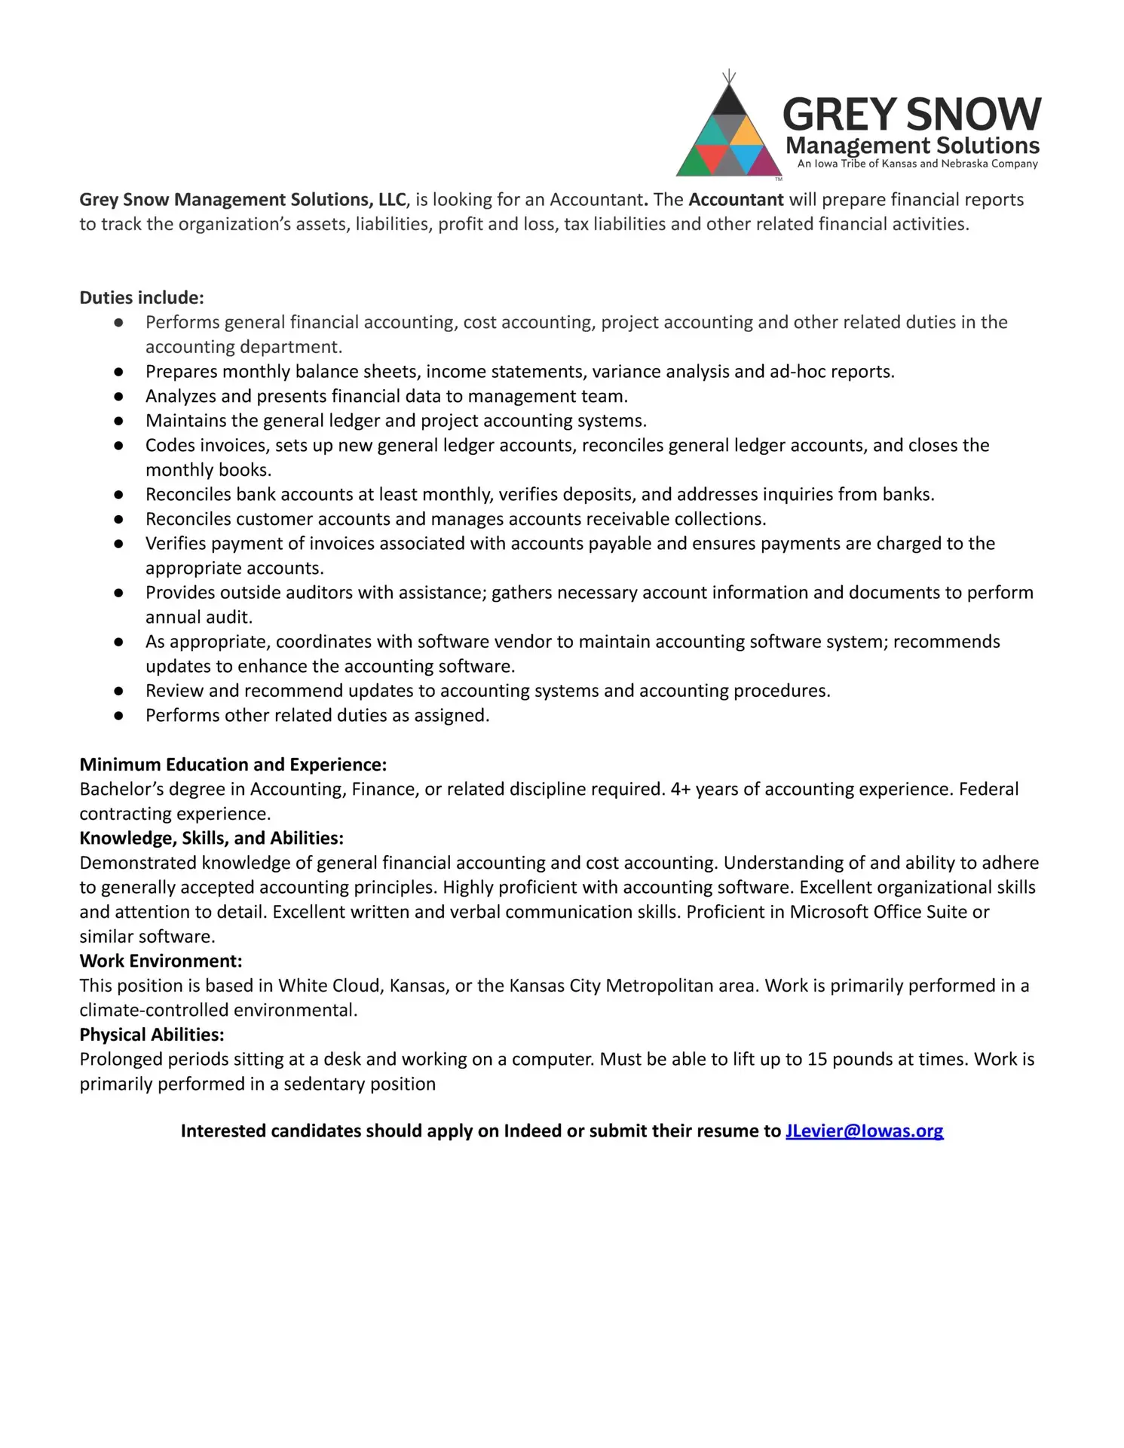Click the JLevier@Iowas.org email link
pyautogui.click(x=864, y=1130)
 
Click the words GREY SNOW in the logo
pyautogui.click(x=911, y=114)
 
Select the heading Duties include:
pyautogui.click(x=142, y=298)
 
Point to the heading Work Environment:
pyautogui.click(x=161, y=961)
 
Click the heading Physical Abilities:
pyautogui.click(x=152, y=1035)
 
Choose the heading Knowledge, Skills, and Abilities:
pyautogui.click(x=211, y=838)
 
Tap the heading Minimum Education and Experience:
pyautogui.click(x=233, y=765)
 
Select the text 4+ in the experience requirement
pyautogui.click(x=681, y=789)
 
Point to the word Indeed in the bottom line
pyautogui.click(x=532, y=1130)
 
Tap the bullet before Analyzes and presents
pyautogui.click(x=118, y=397)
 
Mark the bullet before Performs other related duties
pyautogui.click(x=118, y=716)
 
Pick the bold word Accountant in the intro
pyautogui.click(x=736, y=200)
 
